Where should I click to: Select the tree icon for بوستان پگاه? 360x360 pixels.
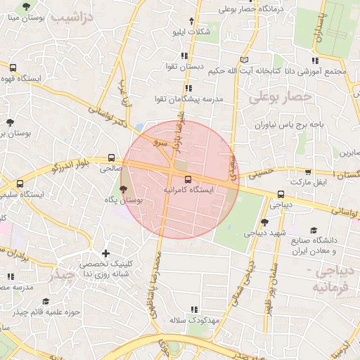point(124,189)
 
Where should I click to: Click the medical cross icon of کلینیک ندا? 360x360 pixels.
point(105,253)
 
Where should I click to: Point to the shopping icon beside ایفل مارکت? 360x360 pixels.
point(307,172)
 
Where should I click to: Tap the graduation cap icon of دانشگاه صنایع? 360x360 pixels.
point(313,230)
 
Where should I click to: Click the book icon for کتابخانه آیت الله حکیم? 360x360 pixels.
point(244,60)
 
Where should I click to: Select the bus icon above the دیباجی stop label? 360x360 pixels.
point(281,195)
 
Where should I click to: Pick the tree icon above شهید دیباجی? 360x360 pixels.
point(264,221)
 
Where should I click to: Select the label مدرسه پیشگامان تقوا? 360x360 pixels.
point(188,100)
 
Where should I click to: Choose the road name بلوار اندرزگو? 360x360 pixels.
point(81,165)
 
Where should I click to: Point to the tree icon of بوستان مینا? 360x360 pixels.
point(26,6)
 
